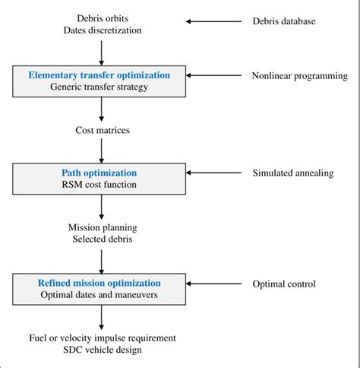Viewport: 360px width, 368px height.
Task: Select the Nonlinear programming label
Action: point(299,76)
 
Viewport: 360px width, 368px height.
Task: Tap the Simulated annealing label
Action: point(292,173)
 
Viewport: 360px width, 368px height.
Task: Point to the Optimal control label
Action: point(283,284)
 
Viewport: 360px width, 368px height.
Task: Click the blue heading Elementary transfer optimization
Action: point(99,75)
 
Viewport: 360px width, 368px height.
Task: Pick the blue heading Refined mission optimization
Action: point(99,283)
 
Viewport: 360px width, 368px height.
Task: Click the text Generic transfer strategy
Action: point(99,87)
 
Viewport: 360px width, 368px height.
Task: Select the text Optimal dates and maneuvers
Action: point(99,295)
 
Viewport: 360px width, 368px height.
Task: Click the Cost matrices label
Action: point(103,131)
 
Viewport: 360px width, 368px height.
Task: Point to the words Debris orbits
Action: point(103,17)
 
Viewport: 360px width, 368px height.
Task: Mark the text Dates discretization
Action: point(103,30)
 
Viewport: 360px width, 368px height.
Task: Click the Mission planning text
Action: point(103,227)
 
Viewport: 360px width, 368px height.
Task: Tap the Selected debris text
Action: point(103,240)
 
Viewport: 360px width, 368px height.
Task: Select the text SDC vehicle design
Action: point(103,350)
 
